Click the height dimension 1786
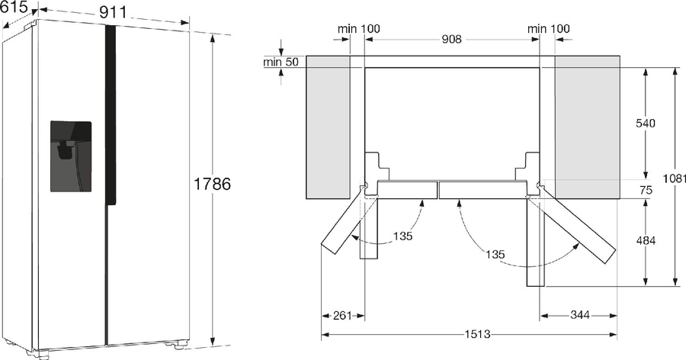click(212, 184)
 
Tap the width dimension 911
click(112, 11)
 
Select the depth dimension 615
click(14, 7)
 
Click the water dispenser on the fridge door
click(71, 156)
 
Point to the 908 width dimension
click(451, 40)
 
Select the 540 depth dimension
click(645, 124)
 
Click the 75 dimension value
click(645, 191)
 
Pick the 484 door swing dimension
click(645, 241)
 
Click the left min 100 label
click(359, 29)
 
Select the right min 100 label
click(549, 29)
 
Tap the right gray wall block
click(587, 126)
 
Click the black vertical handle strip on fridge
click(110, 114)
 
